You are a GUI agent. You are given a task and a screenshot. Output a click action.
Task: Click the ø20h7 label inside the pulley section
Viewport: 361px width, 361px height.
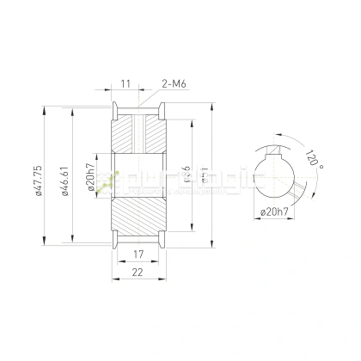[x=89, y=178]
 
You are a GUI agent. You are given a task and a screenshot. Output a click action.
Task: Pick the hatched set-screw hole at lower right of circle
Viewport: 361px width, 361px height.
[x=297, y=190]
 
